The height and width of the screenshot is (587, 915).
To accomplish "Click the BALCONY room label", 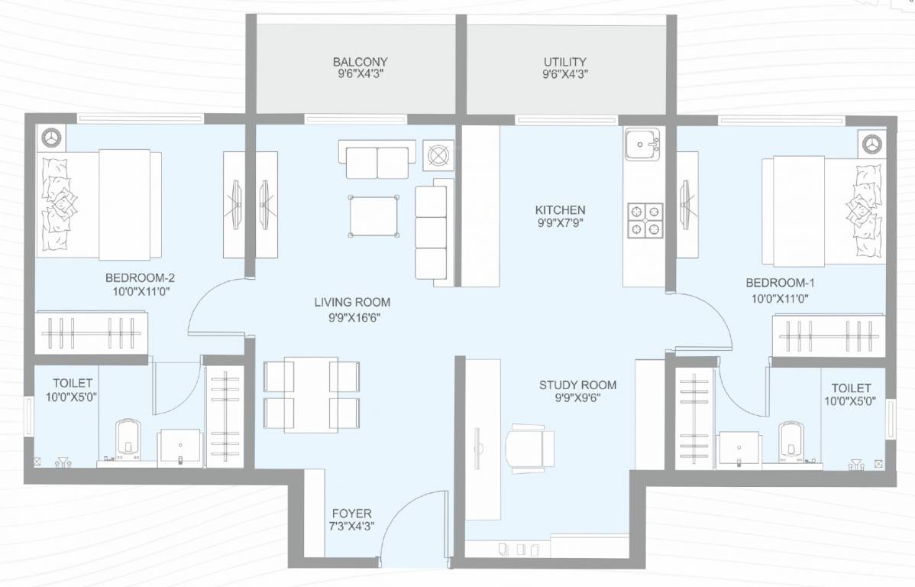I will pos(361,62).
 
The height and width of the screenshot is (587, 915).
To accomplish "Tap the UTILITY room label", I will pos(564,62).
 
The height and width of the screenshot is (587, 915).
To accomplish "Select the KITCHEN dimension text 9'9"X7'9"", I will pos(560,223).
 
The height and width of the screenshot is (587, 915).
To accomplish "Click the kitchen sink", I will pos(642,144).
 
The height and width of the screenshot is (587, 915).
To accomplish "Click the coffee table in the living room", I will pos(374,216).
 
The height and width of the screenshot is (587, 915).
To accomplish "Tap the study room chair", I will pos(529,443).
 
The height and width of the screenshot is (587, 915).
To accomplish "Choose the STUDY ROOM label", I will pos(577,385).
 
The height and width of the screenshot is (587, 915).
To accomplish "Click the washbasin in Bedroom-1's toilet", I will pos(739,446).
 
